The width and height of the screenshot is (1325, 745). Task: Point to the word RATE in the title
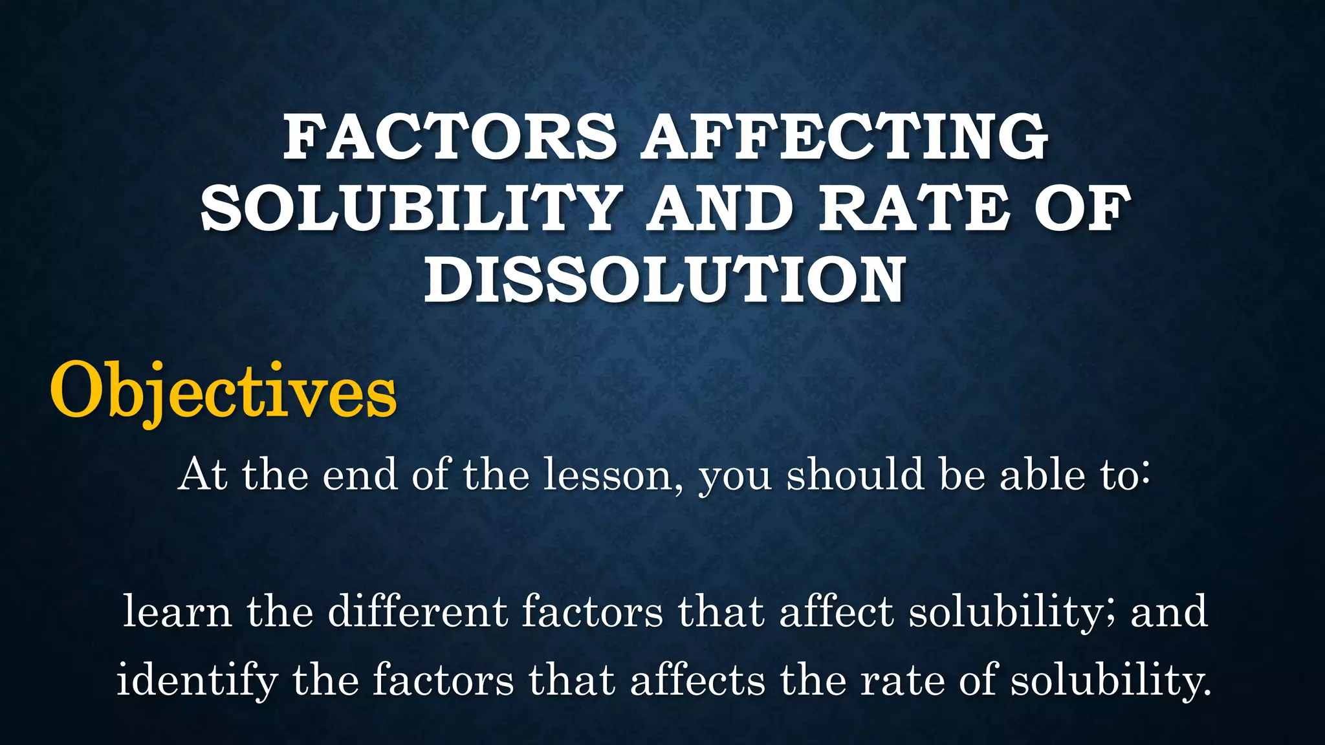914,208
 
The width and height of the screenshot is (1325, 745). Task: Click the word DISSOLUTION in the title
664,279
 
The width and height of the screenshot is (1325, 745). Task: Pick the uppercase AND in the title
719,208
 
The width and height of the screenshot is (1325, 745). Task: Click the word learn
177,611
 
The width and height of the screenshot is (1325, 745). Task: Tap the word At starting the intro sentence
202,475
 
